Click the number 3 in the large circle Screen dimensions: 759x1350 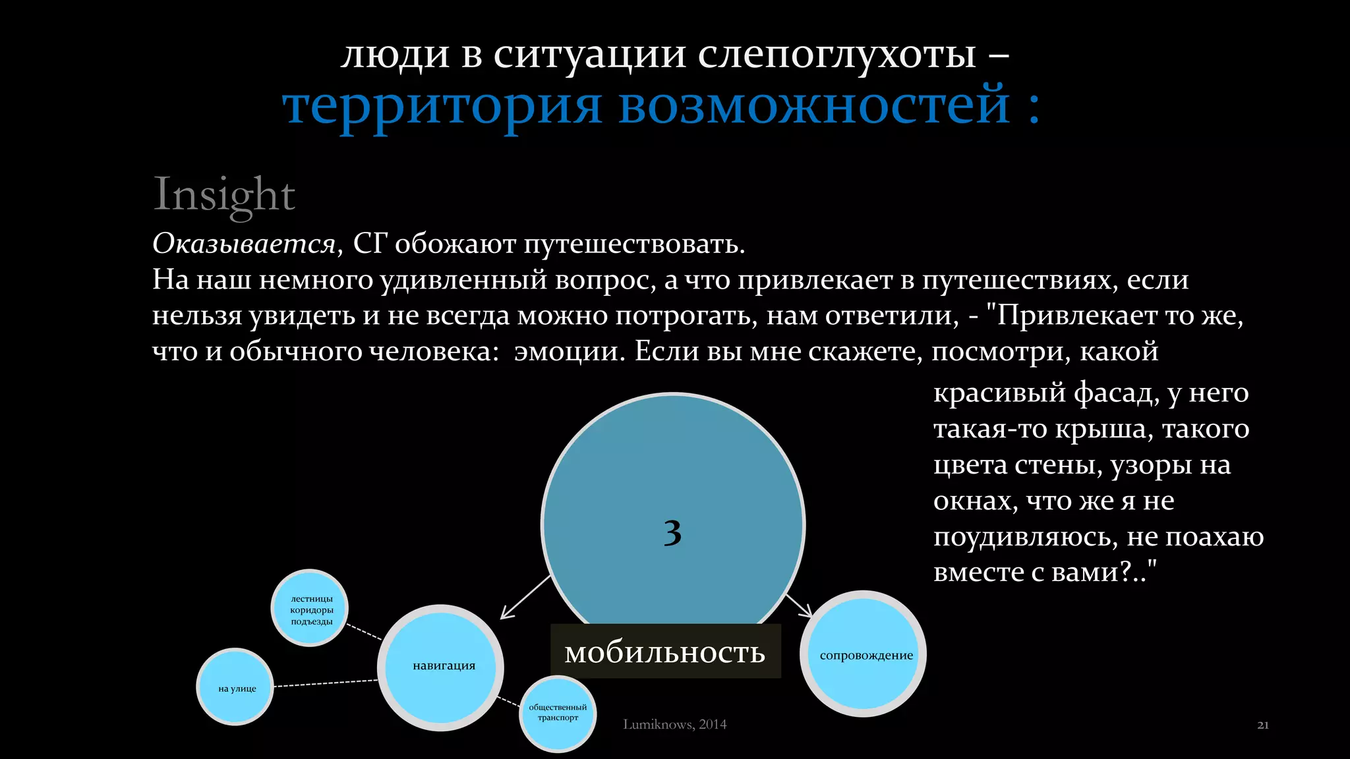672,532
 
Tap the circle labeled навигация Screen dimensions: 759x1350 441,667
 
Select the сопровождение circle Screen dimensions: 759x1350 864,654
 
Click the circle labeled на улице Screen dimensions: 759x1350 236,687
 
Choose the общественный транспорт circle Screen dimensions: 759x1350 558,713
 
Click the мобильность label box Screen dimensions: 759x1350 665,652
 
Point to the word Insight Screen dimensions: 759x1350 224,194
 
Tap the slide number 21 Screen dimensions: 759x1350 1262,725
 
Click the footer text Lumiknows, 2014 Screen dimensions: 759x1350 674,724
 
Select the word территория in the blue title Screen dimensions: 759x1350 442,105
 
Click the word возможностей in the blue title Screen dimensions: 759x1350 814,105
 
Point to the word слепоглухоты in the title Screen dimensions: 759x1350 836,54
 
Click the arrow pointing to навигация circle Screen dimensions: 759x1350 525,597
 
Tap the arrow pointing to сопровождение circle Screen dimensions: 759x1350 799,605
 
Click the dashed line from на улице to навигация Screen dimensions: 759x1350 326,683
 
